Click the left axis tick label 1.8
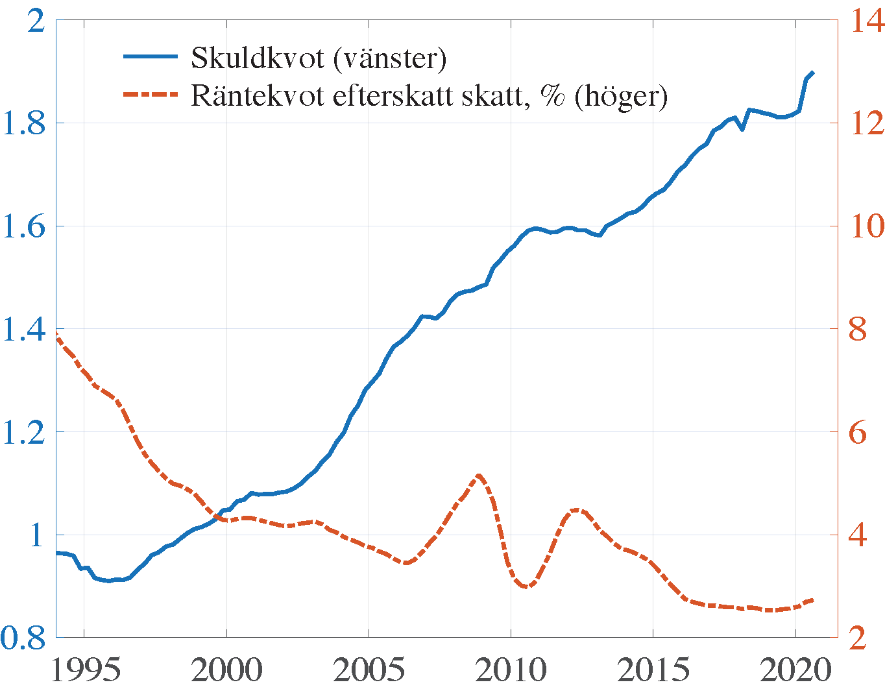tap(24, 123)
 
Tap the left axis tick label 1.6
tap(24, 226)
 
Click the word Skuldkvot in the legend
tap(258, 58)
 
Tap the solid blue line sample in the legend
tap(151, 57)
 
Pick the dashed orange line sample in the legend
tap(151, 95)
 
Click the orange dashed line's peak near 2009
tap(479, 476)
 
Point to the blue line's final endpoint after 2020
tap(812, 73)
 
